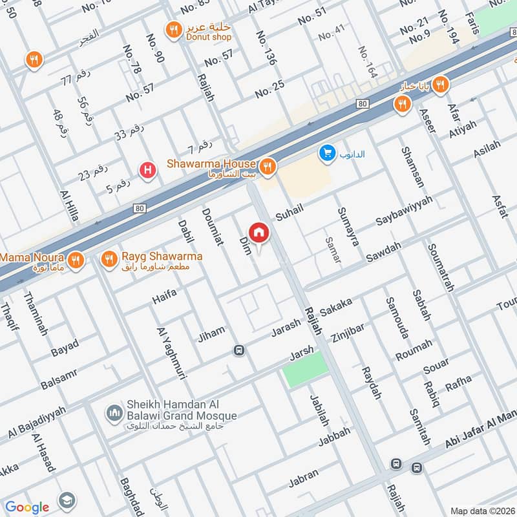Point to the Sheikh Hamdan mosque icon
pos(114,412)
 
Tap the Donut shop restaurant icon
pos(173,29)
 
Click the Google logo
pos(27,507)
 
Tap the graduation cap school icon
pos(67,500)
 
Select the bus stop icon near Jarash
pos(239,350)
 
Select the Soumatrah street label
pos(441,268)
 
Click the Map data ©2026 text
pos(482,511)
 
